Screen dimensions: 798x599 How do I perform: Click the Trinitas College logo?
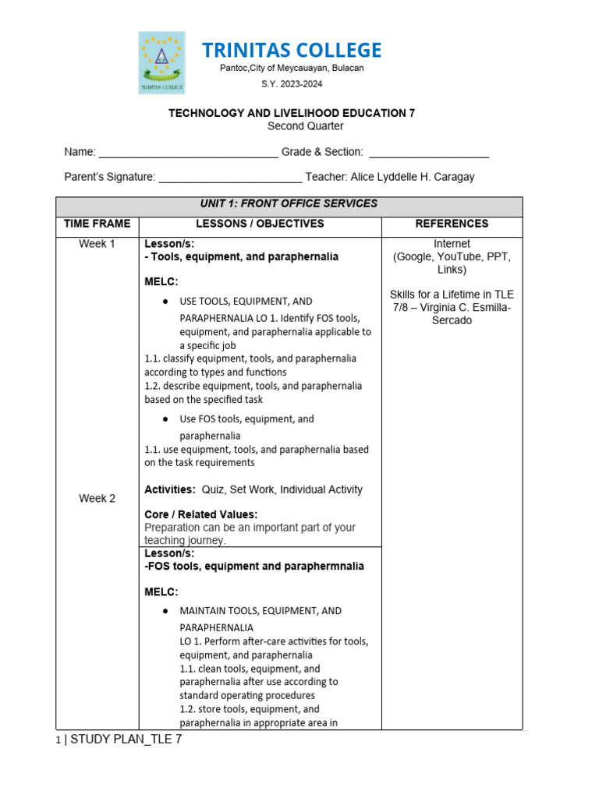point(161,62)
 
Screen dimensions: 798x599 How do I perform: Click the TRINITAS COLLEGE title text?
point(292,51)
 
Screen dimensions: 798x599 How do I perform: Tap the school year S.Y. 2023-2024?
point(292,84)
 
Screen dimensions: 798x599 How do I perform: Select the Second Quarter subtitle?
point(305,126)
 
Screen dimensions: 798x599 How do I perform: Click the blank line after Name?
point(189,154)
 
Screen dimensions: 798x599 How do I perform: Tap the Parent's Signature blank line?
point(230,178)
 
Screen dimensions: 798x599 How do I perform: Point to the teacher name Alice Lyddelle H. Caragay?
point(413,177)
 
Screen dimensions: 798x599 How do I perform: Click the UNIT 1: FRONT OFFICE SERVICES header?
point(289,204)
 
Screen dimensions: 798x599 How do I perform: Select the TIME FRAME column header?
point(97,224)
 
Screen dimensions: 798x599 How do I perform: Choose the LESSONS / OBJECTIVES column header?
point(260,224)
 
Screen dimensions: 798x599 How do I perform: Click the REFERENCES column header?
point(452,224)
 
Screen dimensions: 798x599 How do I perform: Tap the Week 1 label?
point(97,244)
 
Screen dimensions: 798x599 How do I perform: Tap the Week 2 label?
point(97,499)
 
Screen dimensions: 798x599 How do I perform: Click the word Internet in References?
point(452,244)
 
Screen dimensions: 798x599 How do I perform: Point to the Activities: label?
point(170,490)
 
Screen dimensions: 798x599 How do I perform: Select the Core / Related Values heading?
point(200,514)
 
